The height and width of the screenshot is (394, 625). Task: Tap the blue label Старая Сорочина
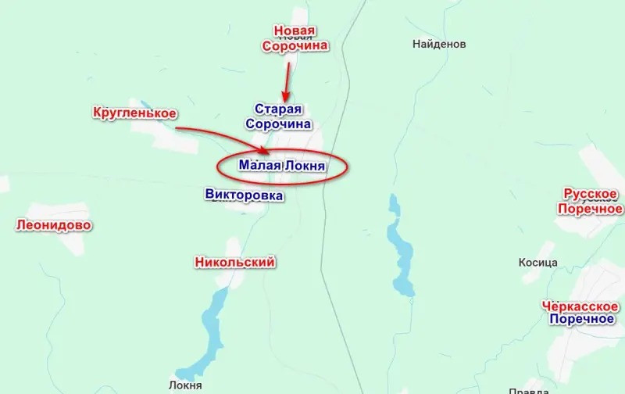(x=278, y=116)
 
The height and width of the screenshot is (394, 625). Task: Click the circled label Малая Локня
(x=281, y=166)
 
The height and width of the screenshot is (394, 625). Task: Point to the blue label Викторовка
(x=243, y=195)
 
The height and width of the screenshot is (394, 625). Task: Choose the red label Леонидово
(x=53, y=226)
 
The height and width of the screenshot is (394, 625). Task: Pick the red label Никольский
(x=234, y=263)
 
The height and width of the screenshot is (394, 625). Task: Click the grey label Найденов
(x=439, y=45)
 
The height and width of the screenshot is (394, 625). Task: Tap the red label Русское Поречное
(x=590, y=201)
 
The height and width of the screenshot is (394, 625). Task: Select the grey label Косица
(x=537, y=263)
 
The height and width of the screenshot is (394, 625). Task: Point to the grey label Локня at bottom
(x=185, y=385)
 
